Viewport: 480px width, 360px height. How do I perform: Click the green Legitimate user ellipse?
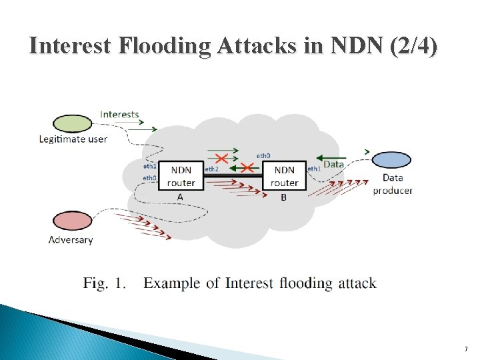pos(73,123)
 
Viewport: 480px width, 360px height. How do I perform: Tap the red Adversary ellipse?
pos(72,221)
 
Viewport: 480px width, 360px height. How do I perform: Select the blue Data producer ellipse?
pos(392,161)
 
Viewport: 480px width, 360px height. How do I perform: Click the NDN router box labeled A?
pos(181,176)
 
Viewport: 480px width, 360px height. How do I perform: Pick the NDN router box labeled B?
pos(284,176)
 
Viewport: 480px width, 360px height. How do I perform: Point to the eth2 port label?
pos(211,169)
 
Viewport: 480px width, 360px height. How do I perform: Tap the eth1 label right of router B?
pos(314,169)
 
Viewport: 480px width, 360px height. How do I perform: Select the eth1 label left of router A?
pos(149,165)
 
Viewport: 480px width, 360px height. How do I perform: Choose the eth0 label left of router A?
pos(149,178)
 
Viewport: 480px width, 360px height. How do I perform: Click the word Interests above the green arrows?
pos(120,114)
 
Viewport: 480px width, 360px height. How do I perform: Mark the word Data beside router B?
pos(333,164)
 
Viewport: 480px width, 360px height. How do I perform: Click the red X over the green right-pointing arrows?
pos(221,158)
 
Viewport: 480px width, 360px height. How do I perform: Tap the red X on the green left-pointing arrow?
pos(247,167)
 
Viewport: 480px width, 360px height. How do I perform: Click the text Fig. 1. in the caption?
pos(105,283)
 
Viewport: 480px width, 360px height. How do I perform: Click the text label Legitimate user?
pos(73,139)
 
